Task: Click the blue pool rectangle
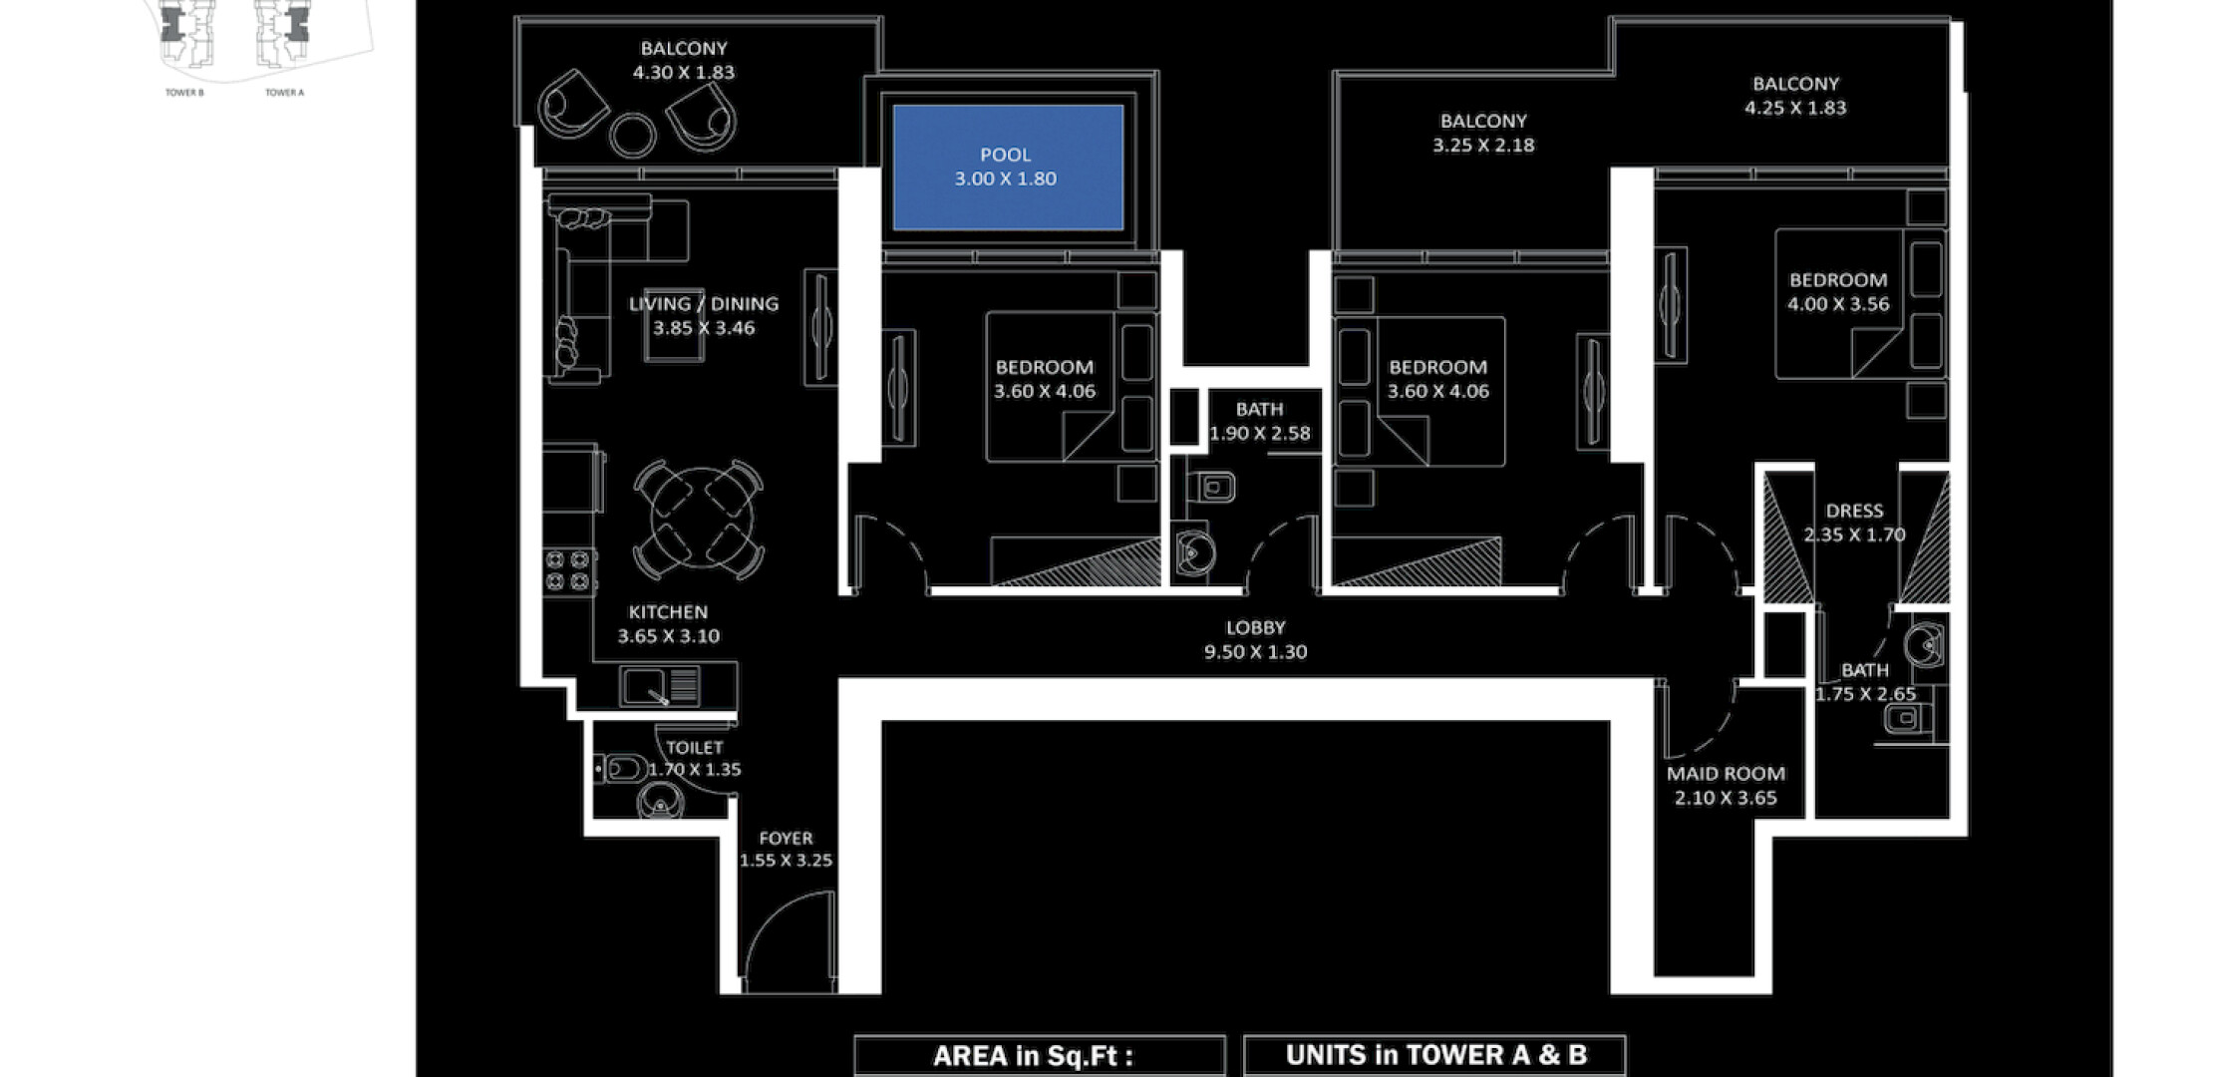[x=1008, y=168]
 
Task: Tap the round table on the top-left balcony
[x=633, y=135]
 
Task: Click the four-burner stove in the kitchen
[x=567, y=570]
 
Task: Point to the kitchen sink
[x=660, y=686]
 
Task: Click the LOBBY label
[x=1255, y=627]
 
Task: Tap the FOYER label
[x=786, y=838]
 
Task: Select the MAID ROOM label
[x=1726, y=773]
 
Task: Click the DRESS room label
[x=1854, y=511]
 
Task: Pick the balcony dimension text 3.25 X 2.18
[x=1483, y=145]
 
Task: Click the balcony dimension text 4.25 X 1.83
[x=1795, y=108]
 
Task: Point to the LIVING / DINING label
[x=704, y=303]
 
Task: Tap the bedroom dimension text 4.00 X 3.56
[x=1838, y=304]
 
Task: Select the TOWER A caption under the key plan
[x=284, y=93]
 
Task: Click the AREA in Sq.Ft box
[x=1039, y=1055]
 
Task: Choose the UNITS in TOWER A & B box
[x=1435, y=1055]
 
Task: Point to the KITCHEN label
[x=668, y=612]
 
